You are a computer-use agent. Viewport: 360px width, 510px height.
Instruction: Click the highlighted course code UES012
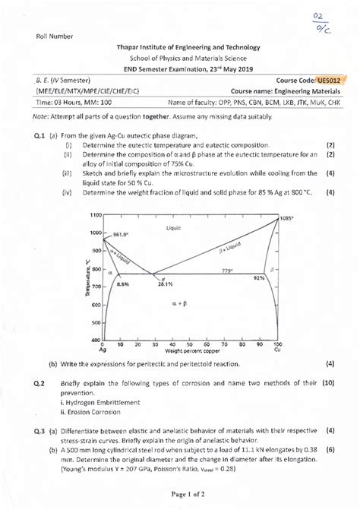click(x=332, y=79)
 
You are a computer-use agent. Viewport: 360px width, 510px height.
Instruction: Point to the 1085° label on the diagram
click(x=286, y=218)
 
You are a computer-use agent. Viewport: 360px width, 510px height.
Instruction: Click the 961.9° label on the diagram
click(x=124, y=234)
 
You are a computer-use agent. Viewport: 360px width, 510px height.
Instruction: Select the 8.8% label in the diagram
click(x=125, y=283)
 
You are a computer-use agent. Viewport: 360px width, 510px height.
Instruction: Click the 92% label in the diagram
click(x=259, y=279)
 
